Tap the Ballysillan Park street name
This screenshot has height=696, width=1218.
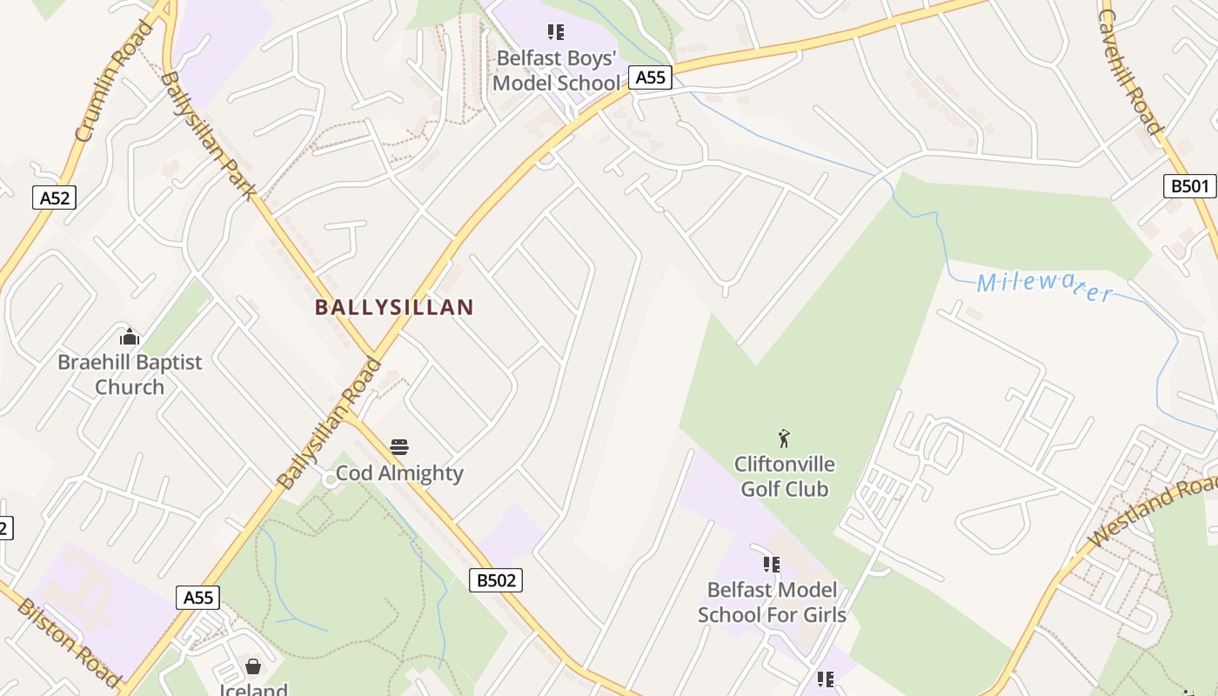tap(208, 135)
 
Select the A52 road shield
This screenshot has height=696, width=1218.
tap(54, 197)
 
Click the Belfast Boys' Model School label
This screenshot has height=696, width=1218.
tap(557, 70)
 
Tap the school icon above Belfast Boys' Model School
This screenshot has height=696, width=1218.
tap(556, 33)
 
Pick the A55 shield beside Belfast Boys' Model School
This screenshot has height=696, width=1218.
tap(650, 77)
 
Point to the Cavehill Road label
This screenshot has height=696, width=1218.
tap(1130, 72)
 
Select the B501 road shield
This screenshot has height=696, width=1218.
tap(1189, 185)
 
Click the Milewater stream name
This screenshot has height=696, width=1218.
tap(1044, 285)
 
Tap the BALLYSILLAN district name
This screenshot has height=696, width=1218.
tap(394, 307)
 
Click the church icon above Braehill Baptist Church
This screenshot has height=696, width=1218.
tap(130, 337)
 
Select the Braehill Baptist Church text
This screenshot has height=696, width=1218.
tap(130, 374)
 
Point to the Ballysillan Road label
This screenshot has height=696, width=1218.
tap(329, 424)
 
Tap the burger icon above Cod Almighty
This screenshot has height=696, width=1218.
tap(399, 448)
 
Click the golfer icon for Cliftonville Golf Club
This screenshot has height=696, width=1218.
tap(784, 438)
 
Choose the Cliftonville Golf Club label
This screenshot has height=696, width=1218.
tap(784, 476)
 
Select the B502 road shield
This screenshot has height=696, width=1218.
tap(496, 580)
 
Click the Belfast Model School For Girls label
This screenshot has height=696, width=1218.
tap(772, 602)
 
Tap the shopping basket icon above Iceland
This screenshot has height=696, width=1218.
tap(253, 666)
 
